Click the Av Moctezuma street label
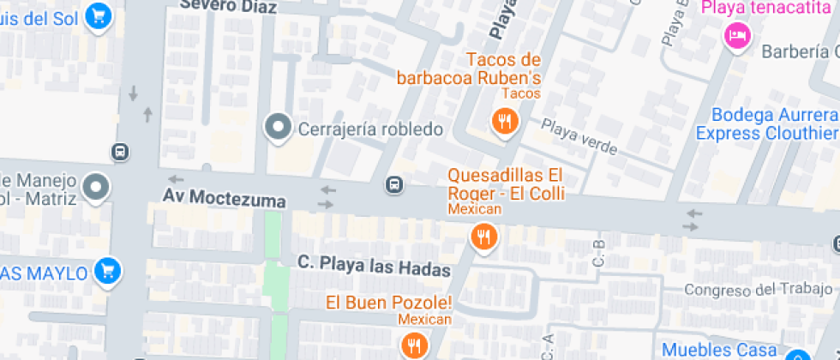pyautogui.click(x=225, y=197)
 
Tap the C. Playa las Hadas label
pyautogui.click(x=374, y=267)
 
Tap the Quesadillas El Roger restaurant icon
pyautogui.click(x=484, y=236)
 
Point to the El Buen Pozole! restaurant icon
pyautogui.click(x=415, y=345)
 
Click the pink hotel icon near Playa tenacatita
pyautogui.click(x=736, y=35)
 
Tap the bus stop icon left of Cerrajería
pyautogui.click(x=121, y=152)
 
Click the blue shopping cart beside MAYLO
pyautogui.click(x=107, y=272)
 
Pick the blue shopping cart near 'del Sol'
pyautogui.click(x=100, y=15)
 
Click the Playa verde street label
pyautogui.click(x=579, y=137)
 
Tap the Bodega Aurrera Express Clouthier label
pyautogui.click(x=766, y=124)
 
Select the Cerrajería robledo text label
pyautogui.click(x=370, y=129)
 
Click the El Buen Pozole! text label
pyautogui.click(x=388, y=303)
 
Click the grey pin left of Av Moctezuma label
pyautogui.click(x=95, y=188)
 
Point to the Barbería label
pyautogui.click(x=800, y=51)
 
